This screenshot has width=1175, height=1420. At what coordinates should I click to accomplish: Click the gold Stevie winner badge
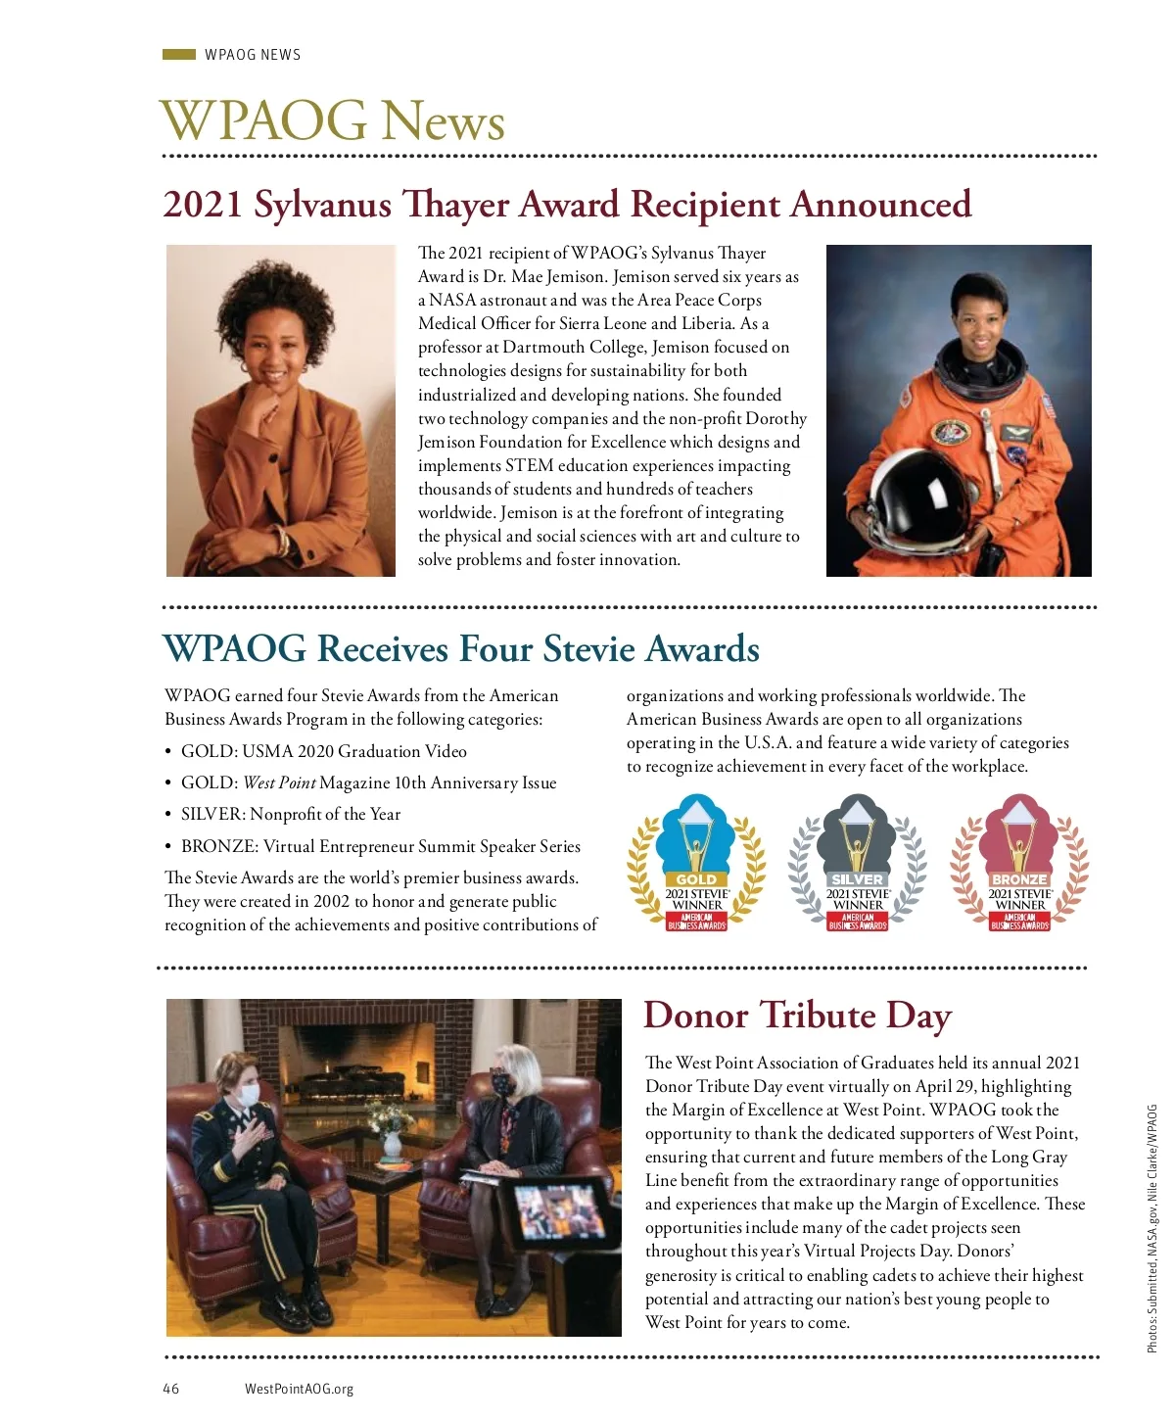(x=696, y=862)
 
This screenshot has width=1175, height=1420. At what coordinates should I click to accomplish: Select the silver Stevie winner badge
(x=858, y=862)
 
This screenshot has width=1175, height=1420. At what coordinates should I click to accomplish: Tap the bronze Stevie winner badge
(x=1019, y=862)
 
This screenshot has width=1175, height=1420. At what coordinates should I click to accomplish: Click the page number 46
(x=171, y=1389)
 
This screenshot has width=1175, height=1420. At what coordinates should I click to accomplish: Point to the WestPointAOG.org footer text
(x=299, y=1389)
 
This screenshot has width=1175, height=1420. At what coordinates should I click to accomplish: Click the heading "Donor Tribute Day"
(x=797, y=1016)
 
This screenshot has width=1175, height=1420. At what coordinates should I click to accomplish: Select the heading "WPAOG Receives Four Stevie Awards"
(x=461, y=648)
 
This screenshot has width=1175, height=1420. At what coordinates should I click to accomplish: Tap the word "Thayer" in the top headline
(x=457, y=205)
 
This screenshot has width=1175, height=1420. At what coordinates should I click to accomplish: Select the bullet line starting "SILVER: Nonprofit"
(x=290, y=815)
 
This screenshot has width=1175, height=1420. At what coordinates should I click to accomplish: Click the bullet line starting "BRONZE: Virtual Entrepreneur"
(x=380, y=846)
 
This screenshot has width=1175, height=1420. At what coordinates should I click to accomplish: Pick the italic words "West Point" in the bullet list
(x=279, y=783)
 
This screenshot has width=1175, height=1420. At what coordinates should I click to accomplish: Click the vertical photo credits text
(x=1152, y=1229)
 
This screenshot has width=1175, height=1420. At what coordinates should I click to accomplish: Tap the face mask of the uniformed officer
(x=250, y=1093)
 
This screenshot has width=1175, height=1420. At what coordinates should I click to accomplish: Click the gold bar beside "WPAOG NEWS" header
(x=179, y=55)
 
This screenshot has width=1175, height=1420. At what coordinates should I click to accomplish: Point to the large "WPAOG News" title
(x=333, y=120)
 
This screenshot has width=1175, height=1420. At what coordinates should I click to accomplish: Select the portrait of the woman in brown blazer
(x=281, y=410)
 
